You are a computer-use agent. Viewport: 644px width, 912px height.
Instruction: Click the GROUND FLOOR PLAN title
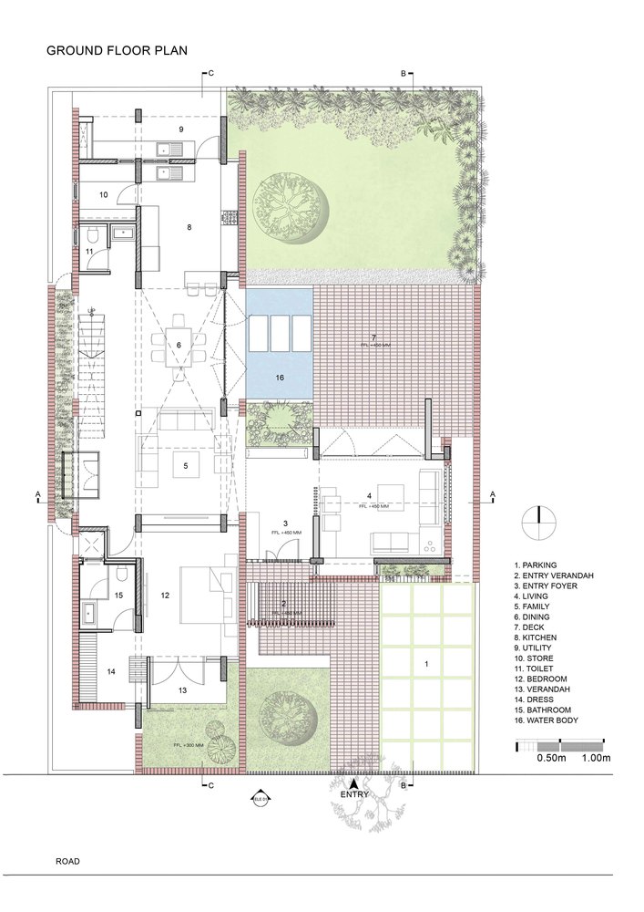pos(117,52)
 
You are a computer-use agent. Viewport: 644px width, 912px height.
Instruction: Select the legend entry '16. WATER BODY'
pos(547,720)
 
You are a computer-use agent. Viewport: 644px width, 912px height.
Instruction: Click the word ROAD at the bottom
pos(67,861)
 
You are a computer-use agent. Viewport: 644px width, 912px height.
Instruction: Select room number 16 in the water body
pos(279,376)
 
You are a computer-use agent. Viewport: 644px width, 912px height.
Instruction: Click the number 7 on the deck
pos(373,338)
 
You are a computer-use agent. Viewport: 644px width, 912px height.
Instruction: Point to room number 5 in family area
pos(185,466)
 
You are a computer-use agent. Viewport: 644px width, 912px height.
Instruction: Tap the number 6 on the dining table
pos(179,345)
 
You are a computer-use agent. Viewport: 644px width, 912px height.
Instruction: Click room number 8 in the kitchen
pos(189,227)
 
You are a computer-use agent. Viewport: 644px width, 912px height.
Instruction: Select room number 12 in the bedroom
pos(165,596)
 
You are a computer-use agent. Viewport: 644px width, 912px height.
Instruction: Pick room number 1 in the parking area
pos(426,665)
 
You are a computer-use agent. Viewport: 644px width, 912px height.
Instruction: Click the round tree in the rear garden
pos(291,206)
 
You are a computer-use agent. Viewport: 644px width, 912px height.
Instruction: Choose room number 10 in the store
pos(104,194)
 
